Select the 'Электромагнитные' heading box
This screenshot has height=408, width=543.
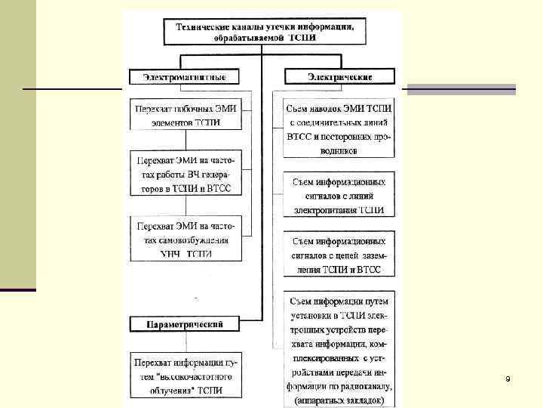[x=183, y=76]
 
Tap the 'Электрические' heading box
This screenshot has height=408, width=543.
[x=339, y=76]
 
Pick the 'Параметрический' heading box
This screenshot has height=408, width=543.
[x=184, y=324]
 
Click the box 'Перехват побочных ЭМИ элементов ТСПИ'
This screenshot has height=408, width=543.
[x=185, y=115]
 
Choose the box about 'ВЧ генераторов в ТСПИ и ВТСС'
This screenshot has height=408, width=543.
[x=185, y=174]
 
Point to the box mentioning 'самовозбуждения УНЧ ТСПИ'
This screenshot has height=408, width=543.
[x=185, y=240]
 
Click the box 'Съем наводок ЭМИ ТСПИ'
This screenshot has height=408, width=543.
[x=339, y=129]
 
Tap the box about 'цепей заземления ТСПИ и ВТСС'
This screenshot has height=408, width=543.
[x=339, y=255]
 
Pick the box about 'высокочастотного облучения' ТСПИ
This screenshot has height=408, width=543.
[x=185, y=376]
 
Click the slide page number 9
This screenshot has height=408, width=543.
[x=508, y=378]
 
